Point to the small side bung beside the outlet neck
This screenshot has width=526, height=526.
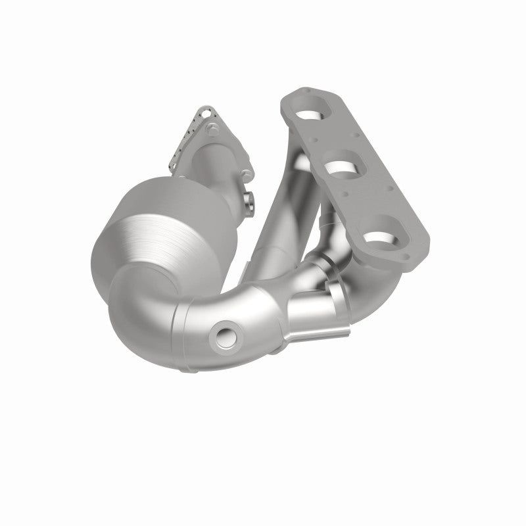point(251,201)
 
